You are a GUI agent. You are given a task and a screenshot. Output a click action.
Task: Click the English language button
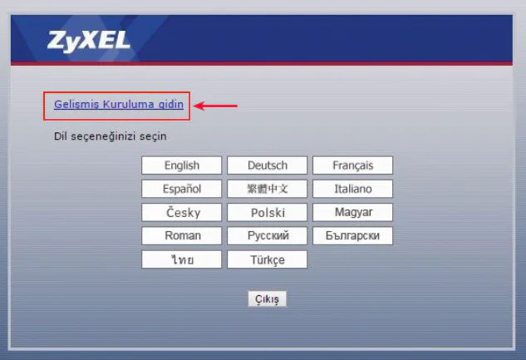click(182, 165)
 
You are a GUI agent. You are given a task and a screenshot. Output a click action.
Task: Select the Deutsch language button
click(268, 165)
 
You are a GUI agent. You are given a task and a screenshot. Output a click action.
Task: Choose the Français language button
click(353, 165)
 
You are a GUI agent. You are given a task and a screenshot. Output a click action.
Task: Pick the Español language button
click(182, 189)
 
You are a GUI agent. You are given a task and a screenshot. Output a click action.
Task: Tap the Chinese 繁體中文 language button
click(268, 189)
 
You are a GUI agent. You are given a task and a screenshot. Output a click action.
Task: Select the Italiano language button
click(353, 189)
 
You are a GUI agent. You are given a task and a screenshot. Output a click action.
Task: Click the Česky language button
click(182, 213)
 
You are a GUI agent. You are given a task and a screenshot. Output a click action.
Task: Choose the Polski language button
click(268, 213)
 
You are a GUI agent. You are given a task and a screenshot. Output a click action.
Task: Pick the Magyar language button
click(353, 213)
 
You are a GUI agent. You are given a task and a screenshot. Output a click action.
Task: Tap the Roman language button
click(182, 236)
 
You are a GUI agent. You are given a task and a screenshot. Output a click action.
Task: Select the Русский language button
click(268, 236)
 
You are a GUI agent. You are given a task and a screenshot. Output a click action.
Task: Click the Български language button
click(353, 236)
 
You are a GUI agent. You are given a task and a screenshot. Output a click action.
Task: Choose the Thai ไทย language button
click(182, 260)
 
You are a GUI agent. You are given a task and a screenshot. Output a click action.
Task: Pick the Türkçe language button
click(268, 260)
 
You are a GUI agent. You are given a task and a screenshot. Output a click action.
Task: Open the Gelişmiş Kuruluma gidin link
click(118, 105)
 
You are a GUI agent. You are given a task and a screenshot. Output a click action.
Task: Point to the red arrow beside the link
click(216, 106)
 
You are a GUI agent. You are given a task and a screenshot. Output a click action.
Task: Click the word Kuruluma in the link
click(128, 105)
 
